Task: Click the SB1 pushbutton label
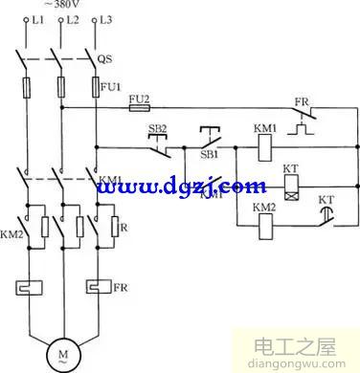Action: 209,153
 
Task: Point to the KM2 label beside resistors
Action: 11,232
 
